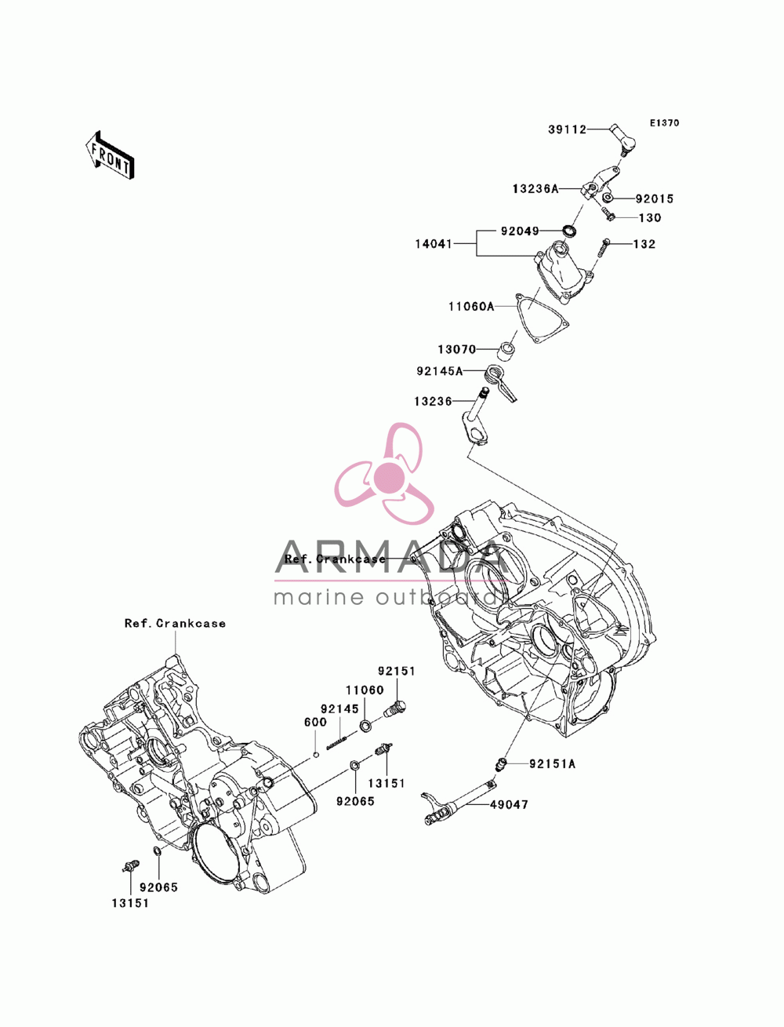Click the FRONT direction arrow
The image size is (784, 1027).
[110, 155]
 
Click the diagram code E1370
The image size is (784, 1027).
[664, 123]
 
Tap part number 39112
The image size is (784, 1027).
[567, 129]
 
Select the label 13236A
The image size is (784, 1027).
[535, 189]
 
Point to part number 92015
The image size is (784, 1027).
[654, 198]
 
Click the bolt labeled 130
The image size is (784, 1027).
[608, 214]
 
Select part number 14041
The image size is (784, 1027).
[434, 244]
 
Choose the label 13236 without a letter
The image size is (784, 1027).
[433, 402]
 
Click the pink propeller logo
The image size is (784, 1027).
[384, 474]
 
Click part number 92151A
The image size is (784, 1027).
[552, 764]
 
